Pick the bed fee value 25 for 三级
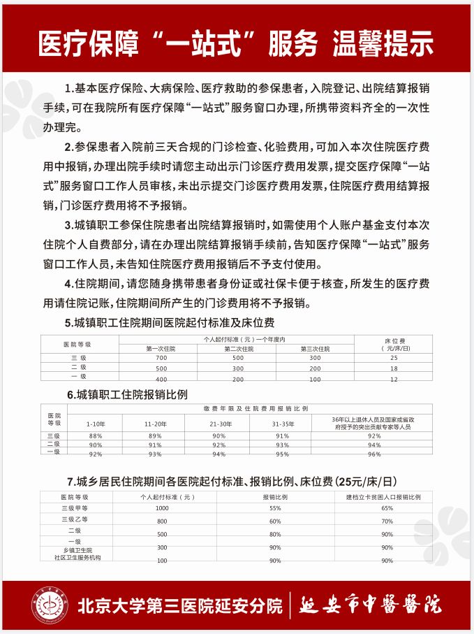point(394,357)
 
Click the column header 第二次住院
point(238,348)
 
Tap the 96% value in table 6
point(374,454)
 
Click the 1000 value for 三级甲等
point(163,508)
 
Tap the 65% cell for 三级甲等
point(387,508)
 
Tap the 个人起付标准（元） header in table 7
point(163,496)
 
